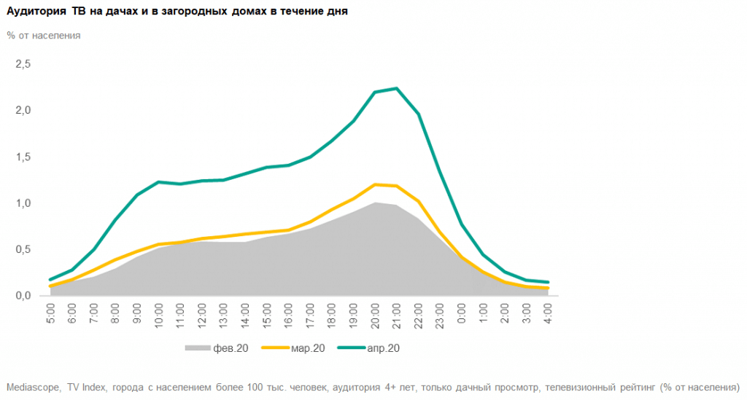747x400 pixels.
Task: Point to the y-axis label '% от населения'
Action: pos(43,35)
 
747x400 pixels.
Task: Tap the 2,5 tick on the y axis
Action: pos(23,64)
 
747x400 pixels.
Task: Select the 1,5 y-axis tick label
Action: pos(23,157)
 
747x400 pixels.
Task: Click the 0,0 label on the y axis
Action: pos(23,295)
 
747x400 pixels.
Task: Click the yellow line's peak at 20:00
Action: pos(375,184)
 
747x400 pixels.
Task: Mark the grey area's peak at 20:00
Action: pos(375,203)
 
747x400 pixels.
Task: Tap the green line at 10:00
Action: pos(158,181)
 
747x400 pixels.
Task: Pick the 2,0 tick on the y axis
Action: pos(23,110)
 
